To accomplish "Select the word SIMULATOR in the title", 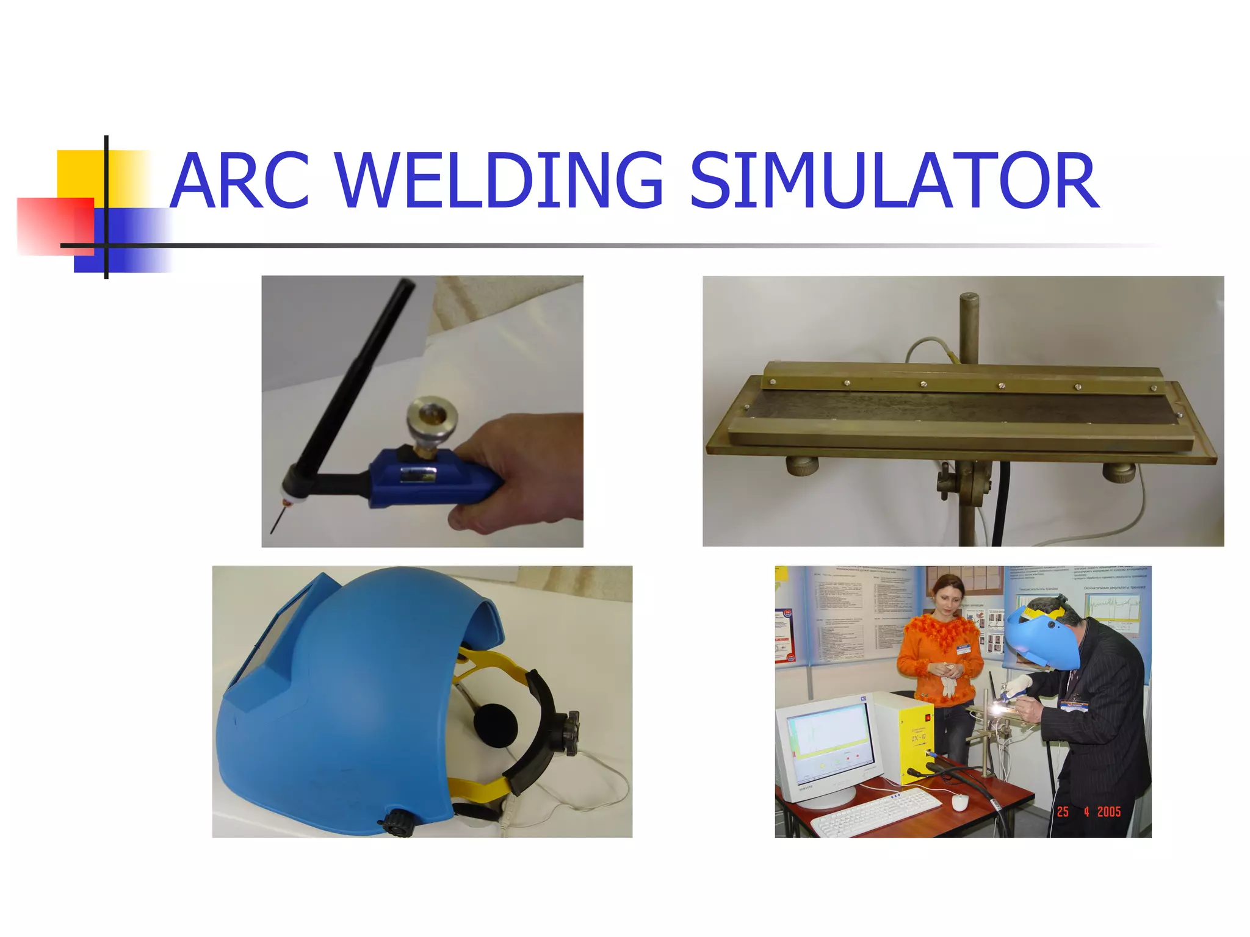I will (894, 181).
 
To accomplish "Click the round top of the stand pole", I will (969, 300).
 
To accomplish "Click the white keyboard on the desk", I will (876, 811).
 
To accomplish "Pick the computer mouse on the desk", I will (959, 803).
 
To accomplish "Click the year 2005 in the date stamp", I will (1108, 812).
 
